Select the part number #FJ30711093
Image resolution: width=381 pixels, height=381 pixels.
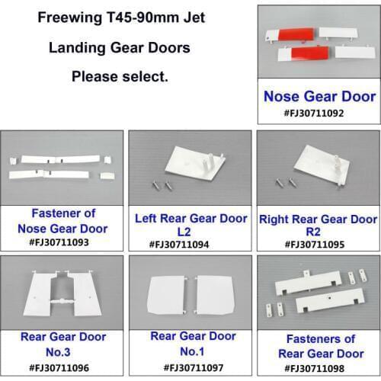pyautogui.click(x=61, y=244)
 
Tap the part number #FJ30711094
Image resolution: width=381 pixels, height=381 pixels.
pyautogui.click(x=190, y=244)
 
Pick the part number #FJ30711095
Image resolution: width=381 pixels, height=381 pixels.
pyautogui.click(x=319, y=244)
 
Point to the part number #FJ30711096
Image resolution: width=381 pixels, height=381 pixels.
pyautogui.click(x=61, y=369)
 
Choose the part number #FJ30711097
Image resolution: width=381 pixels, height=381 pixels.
pyautogui.click(x=190, y=369)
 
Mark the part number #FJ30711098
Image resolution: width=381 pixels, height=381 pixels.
pyautogui.click(x=319, y=369)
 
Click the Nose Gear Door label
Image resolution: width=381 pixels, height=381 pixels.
pyautogui.click(x=319, y=97)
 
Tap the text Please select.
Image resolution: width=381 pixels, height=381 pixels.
pyautogui.click(x=120, y=76)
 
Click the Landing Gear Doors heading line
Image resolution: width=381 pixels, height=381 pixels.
pyautogui.click(x=120, y=47)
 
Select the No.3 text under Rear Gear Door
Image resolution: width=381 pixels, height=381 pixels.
pyautogui.click(x=61, y=352)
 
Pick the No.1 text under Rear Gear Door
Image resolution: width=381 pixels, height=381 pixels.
pyautogui.click(x=190, y=352)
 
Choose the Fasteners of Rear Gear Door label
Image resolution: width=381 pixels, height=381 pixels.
pyautogui.click(x=319, y=344)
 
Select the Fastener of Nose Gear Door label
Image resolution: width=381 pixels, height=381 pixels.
pyautogui.click(x=61, y=221)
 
